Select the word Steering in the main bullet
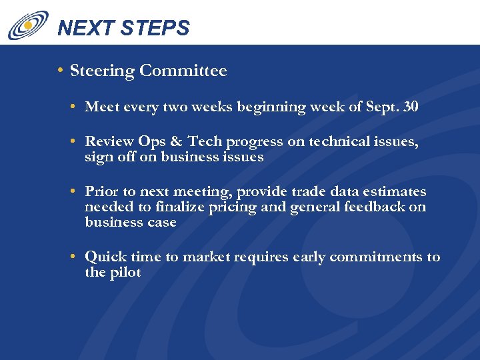point(102,71)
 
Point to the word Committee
point(183,71)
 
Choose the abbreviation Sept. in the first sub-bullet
point(382,107)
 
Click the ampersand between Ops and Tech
point(175,142)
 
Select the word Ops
point(152,142)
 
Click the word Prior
point(101,192)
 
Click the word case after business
point(162,222)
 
